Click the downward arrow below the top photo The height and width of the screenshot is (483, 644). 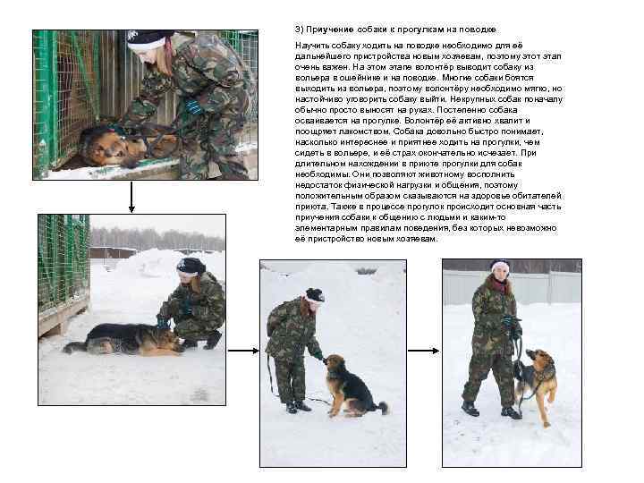132,197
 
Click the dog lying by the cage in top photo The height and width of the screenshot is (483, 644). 116,143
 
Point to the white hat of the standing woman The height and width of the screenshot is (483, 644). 500,266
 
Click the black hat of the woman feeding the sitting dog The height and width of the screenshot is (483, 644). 314,294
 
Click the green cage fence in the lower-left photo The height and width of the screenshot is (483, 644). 63,259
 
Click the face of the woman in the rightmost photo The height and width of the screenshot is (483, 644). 500,275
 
